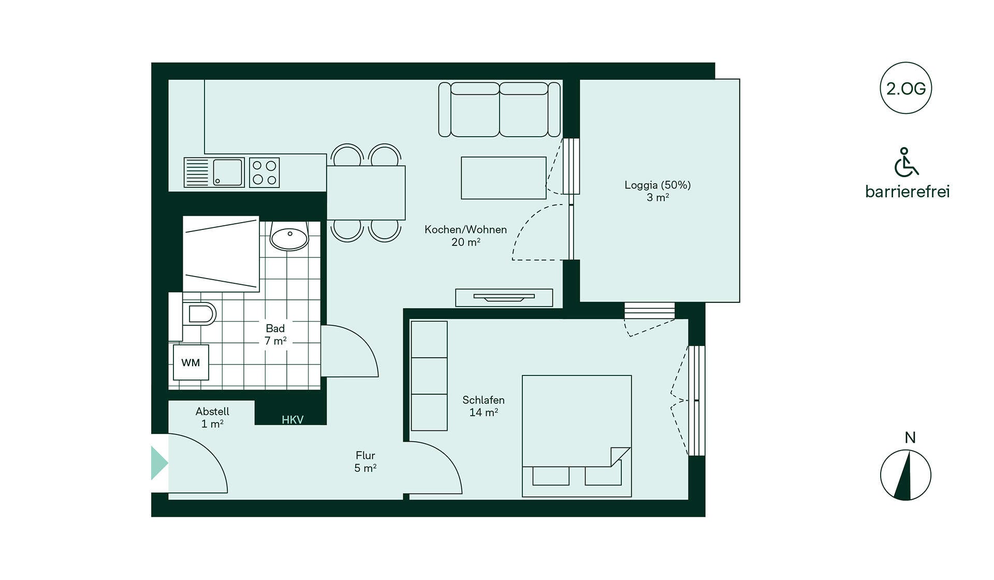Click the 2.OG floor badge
point(905,88)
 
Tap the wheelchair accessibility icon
point(906,162)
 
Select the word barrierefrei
point(907,192)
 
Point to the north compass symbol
point(905,475)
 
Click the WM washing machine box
point(191,363)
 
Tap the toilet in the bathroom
point(198,314)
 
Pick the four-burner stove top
point(264,172)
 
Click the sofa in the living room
point(499,109)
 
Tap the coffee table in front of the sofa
point(504,178)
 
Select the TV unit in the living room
point(504,298)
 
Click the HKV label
point(293,420)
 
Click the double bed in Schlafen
point(577,436)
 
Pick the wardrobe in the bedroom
point(429,376)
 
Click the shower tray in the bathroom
point(221,254)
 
